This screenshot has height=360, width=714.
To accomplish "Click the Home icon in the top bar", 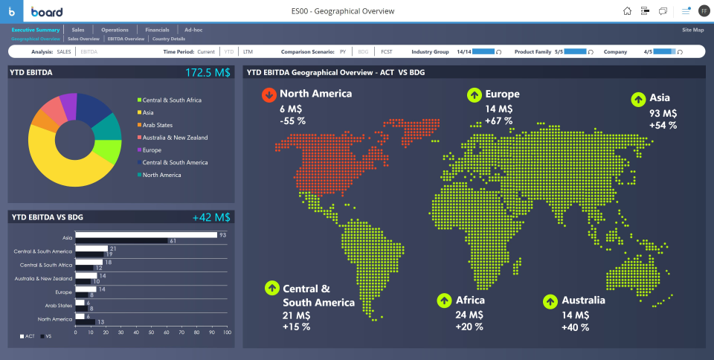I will click(627, 11).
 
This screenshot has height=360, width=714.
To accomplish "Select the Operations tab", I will click(115, 30).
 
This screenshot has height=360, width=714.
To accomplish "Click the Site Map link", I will click(692, 30).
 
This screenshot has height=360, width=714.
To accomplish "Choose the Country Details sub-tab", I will click(169, 39).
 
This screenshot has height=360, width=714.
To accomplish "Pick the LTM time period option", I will click(248, 52).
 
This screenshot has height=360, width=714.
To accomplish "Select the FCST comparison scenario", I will click(387, 52).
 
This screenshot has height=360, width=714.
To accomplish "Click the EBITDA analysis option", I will click(89, 52).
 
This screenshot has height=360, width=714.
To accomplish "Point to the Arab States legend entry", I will click(157, 125).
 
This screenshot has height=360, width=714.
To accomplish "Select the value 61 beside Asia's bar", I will click(173, 241).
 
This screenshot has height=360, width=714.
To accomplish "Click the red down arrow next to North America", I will click(268, 95).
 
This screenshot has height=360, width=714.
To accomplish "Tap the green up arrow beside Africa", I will click(444, 300).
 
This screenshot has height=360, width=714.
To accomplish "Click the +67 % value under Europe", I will click(498, 120).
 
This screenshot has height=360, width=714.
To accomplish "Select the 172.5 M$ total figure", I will click(208, 73).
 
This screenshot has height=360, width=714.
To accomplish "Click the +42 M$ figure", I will click(211, 218).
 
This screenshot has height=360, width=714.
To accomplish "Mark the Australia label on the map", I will click(583, 300).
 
